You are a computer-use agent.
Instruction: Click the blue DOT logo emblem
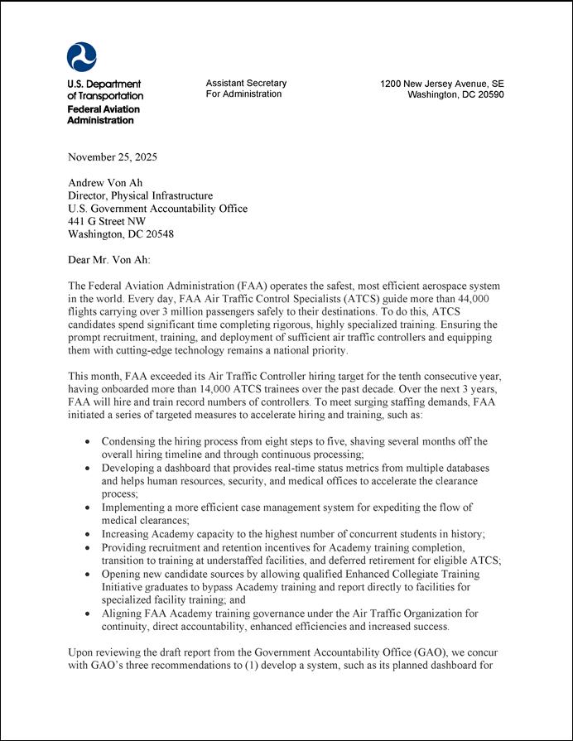point(81,57)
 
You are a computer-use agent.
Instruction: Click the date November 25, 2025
point(112,157)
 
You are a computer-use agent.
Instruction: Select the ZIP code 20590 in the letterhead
point(489,94)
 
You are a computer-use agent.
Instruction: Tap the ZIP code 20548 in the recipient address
point(157,234)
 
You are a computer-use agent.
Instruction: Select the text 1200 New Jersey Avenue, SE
point(441,84)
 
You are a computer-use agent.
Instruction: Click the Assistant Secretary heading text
point(246,83)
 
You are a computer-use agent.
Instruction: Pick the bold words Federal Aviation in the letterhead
point(104,109)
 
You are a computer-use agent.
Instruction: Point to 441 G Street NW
point(106,222)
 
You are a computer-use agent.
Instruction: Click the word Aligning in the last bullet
point(123,613)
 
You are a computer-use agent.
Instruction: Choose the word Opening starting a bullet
point(123,574)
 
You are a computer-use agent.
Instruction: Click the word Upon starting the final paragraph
point(80,652)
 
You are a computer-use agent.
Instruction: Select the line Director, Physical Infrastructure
point(140,196)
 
